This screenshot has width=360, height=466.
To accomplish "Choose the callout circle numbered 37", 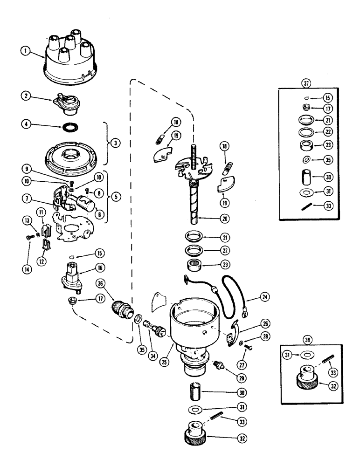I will [306, 84].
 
